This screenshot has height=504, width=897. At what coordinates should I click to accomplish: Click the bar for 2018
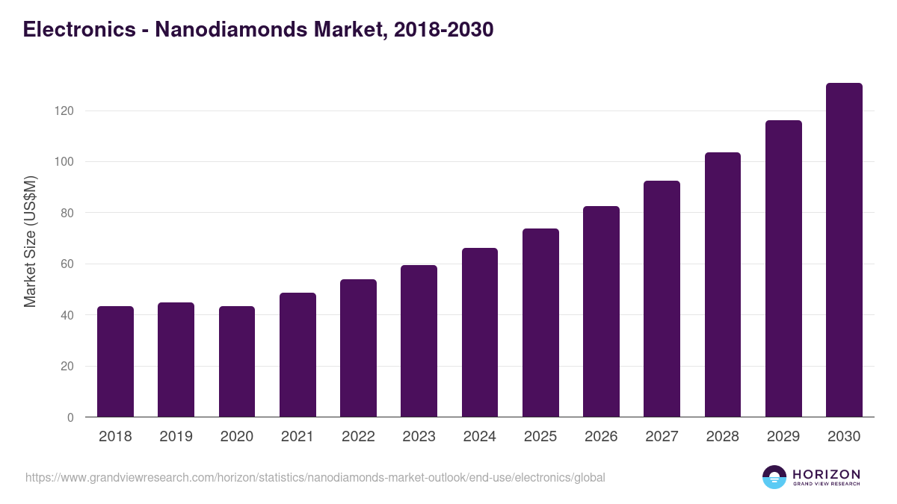coord(115,361)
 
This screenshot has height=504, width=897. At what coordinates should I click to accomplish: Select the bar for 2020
coord(237,361)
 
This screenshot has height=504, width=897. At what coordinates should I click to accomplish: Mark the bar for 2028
coord(723,284)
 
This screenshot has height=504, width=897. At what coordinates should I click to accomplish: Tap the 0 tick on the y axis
coord(70,417)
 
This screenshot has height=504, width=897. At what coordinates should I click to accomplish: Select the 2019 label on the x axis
coord(176,437)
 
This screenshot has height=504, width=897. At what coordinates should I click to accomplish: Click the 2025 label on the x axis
coord(540,437)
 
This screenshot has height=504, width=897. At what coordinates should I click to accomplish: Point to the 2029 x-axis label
coord(783,437)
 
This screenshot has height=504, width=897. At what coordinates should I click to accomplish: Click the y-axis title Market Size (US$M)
coord(30,242)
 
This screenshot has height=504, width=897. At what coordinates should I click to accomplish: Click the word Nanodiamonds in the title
coord(219,29)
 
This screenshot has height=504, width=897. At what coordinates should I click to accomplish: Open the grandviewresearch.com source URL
coord(315,477)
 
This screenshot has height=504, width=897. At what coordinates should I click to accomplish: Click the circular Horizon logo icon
coord(774,477)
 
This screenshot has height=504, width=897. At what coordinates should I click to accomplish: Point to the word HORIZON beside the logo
coord(826,474)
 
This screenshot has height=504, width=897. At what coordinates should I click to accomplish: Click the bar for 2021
coord(298,355)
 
